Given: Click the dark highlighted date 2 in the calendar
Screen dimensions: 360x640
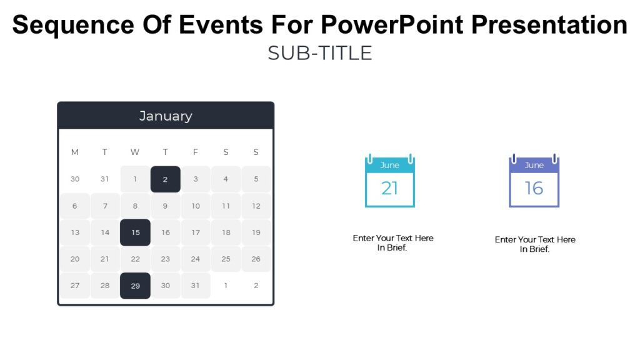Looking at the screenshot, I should [x=165, y=179].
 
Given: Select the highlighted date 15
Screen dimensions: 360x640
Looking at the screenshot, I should [x=135, y=232].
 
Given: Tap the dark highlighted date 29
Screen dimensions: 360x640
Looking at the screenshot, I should [x=135, y=286].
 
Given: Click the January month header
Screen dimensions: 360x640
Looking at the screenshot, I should [x=165, y=116].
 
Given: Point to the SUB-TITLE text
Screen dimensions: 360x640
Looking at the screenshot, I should [x=319, y=53].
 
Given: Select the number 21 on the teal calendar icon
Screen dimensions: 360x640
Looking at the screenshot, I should [x=389, y=188].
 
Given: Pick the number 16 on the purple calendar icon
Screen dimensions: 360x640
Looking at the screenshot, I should [x=534, y=188].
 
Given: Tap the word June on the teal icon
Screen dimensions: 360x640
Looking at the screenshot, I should [x=389, y=166].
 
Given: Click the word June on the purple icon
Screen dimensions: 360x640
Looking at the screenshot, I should [x=534, y=166].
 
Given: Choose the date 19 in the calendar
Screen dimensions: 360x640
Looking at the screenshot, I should [x=256, y=232].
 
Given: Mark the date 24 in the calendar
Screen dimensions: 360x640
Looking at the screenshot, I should [x=196, y=259].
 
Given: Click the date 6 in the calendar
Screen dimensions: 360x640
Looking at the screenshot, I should [x=75, y=206].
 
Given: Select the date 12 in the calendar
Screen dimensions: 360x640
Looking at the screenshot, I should [x=256, y=206].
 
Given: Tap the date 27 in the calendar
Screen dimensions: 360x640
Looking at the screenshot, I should [x=75, y=286].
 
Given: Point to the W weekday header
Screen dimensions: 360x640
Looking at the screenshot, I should [x=135, y=152].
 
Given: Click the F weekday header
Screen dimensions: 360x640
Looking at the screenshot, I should [x=196, y=152].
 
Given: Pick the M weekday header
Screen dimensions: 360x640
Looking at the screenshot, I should [x=75, y=152].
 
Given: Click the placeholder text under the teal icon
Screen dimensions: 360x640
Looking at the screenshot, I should [x=392, y=242].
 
